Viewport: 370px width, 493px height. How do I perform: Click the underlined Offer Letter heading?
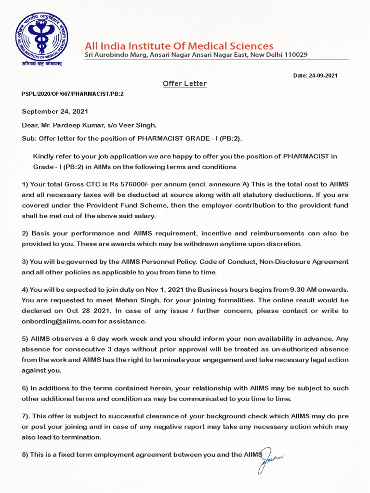(x=184, y=84)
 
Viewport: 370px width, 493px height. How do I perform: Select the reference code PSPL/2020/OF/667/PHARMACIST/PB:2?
(x=73, y=94)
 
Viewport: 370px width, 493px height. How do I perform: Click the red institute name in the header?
(x=179, y=46)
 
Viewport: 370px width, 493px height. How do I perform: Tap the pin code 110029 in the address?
(x=295, y=55)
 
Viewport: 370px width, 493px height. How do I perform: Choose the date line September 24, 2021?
(x=55, y=111)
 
